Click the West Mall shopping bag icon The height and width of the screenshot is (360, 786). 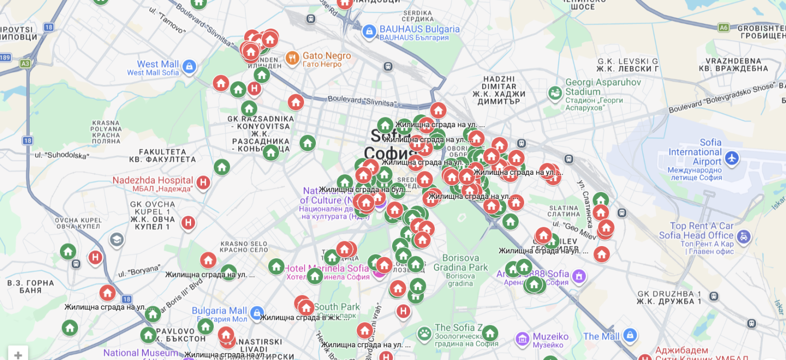pyautogui.click(x=189, y=66)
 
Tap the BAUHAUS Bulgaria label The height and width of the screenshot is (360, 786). pyautogui.click(x=420, y=29)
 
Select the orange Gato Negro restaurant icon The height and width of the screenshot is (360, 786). pyautogui.click(x=292, y=58)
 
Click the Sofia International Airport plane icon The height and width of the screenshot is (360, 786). pyautogui.click(x=732, y=158)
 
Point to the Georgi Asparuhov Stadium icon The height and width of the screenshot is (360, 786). pyautogui.click(x=555, y=93)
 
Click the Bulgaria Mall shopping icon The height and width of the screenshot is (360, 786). pyautogui.click(x=256, y=312)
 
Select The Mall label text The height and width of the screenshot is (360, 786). pyautogui.click(x=601, y=336)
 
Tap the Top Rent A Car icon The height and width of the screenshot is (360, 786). pyautogui.click(x=744, y=237)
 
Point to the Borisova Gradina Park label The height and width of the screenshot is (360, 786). pyautogui.click(x=460, y=263)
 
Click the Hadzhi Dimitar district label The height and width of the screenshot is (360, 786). pyautogui.click(x=499, y=90)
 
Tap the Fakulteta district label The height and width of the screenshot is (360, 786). pyautogui.click(x=162, y=156)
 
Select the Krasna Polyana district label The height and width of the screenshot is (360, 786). pyautogui.click(x=106, y=132)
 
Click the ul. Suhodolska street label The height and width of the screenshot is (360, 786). pyautogui.click(x=62, y=155)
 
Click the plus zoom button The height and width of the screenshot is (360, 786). pyautogui.click(x=18, y=354)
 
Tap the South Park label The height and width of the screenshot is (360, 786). pyautogui.click(x=337, y=307)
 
